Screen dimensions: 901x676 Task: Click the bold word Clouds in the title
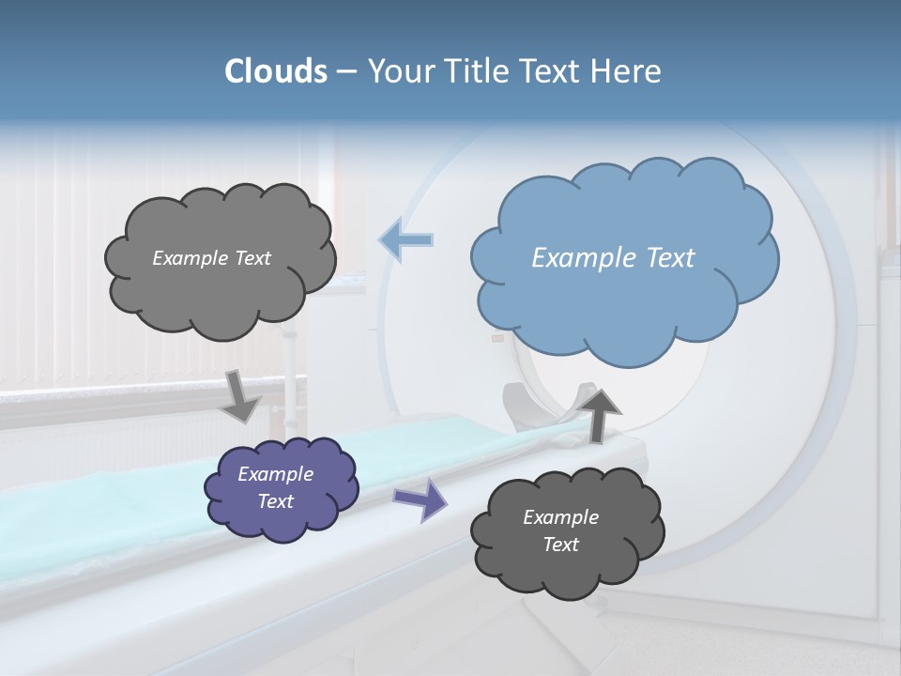pos(276,71)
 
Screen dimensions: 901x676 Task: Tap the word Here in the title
pos(626,71)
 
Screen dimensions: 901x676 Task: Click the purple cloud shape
pos(281,488)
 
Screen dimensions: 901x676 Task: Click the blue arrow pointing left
pos(406,240)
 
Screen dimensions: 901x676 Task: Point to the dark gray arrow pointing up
pos(602,412)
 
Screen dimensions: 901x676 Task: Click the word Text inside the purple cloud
pos(276,501)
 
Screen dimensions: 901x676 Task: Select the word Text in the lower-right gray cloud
pos(560,545)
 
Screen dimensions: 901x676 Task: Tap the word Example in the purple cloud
pos(276,474)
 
